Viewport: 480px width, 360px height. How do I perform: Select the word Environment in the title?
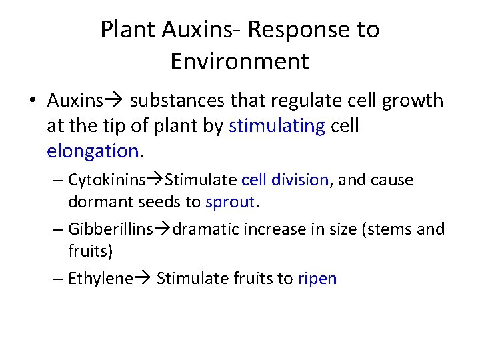[239, 61]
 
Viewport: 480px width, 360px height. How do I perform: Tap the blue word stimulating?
[277, 126]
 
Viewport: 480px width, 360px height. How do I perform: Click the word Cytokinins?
[108, 181]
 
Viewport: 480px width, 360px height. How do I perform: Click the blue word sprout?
[230, 202]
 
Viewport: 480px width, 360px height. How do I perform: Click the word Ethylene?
[101, 279]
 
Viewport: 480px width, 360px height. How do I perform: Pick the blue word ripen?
[317, 279]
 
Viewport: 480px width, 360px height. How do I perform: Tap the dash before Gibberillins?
[57, 230]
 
